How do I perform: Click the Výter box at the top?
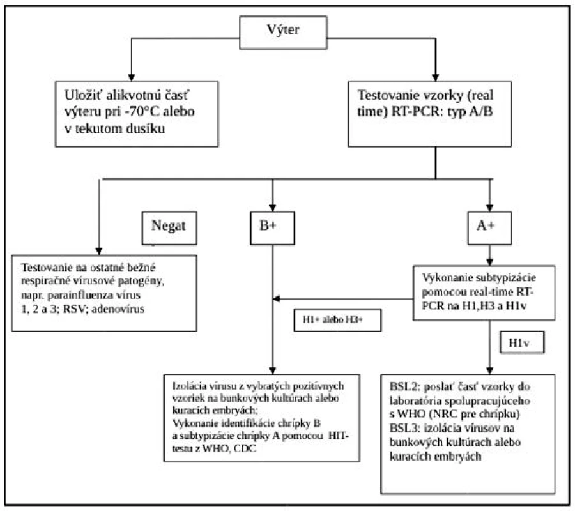coord(283,33)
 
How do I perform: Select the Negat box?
coord(169,228)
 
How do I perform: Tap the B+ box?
coord(272,228)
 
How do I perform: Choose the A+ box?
coord(489,228)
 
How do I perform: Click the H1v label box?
coord(522,342)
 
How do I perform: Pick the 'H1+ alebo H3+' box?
coord(337,320)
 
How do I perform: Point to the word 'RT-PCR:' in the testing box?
coord(415,111)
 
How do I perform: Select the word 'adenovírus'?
coord(118,309)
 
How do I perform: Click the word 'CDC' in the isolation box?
coord(245,448)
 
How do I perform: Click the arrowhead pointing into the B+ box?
coord(272,208)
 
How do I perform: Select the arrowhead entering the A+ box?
coord(489,208)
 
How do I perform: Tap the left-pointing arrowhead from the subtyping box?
coord(277,299)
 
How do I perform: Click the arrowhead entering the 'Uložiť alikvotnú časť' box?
coord(131,78)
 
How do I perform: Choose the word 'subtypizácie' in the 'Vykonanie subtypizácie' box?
coord(507,278)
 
